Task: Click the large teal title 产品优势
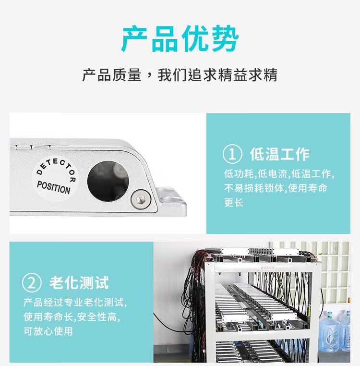click(180, 39)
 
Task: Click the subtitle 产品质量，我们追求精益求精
click(180, 75)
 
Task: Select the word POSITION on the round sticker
click(54, 187)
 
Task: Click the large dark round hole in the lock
click(108, 181)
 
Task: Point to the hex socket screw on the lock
click(141, 199)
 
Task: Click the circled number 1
click(232, 154)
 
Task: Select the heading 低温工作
click(280, 154)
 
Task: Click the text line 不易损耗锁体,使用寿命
click(276, 188)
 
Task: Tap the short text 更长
click(234, 202)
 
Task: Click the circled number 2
click(32, 283)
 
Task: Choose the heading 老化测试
click(79, 283)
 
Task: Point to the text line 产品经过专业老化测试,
click(75, 303)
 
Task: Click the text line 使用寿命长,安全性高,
click(72, 317)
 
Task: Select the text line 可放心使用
click(48, 331)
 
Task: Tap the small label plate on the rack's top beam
click(268, 268)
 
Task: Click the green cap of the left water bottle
click(330, 314)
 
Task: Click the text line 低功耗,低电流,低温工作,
click(279, 174)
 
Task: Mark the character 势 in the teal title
click(226, 39)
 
